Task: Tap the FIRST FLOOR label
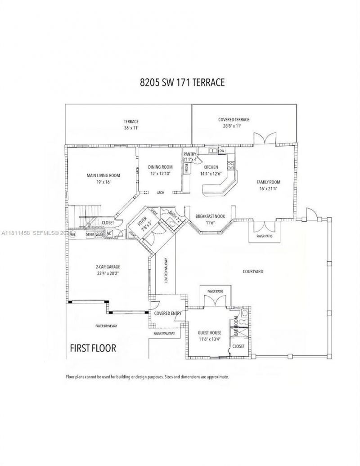93,347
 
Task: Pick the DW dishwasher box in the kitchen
221,151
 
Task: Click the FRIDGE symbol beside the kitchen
186,168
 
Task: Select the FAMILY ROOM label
269,182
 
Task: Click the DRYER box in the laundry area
90,234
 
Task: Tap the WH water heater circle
72,234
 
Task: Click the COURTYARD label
253,272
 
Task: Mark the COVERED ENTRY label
167,314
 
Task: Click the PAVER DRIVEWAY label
106,326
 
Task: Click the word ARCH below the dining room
160,193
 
